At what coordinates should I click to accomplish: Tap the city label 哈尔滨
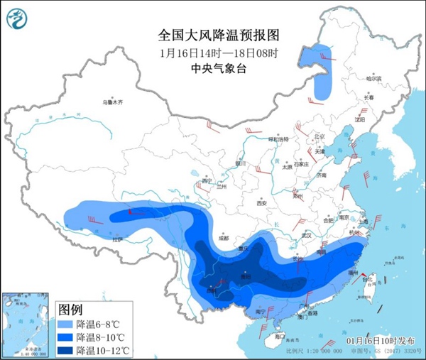[x=373, y=78]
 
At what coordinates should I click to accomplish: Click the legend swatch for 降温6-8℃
[x=65, y=324]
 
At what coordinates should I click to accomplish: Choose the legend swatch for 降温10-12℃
[x=65, y=350]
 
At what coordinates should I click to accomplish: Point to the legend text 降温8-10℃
[x=103, y=337]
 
